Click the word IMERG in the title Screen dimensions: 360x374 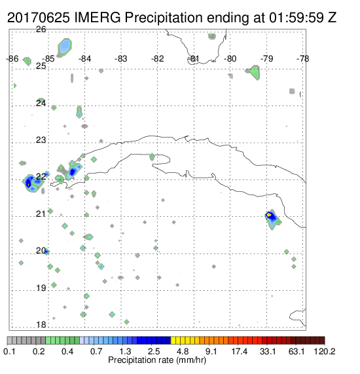tap(98, 18)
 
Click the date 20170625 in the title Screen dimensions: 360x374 tap(39, 18)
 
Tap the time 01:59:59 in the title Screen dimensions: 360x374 tap(296, 18)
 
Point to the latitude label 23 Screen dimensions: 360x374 tap(41, 140)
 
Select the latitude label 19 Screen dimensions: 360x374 tap(41, 288)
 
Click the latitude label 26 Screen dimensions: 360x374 tap(41, 29)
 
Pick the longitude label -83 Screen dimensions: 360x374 tap(120, 59)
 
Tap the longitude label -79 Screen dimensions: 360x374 tap(266, 59)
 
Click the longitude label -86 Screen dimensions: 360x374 tap(12, 59)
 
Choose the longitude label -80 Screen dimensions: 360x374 tap(230, 59)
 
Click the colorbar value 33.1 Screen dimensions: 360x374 tap(268, 351)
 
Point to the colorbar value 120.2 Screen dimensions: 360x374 tap(325, 351)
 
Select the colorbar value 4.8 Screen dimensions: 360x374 tap(183, 351)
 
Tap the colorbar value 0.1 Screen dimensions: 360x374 tap(9, 351)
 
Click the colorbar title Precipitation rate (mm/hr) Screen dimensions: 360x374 tap(157, 360)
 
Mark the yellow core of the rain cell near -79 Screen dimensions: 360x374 tap(269, 215)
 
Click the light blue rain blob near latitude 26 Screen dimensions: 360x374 tap(65, 47)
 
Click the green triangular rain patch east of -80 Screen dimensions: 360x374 tap(254, 72)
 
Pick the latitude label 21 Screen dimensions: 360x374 tap(41, 214)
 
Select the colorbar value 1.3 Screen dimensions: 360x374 tap(125, 351)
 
